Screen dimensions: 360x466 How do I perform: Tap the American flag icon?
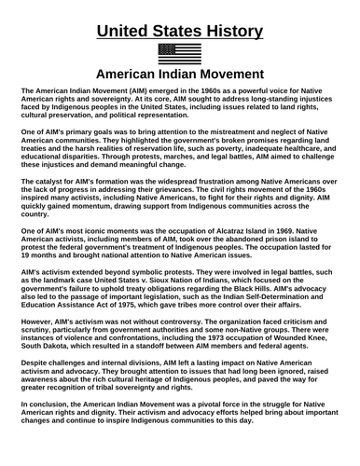click(x=180, y=53)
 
